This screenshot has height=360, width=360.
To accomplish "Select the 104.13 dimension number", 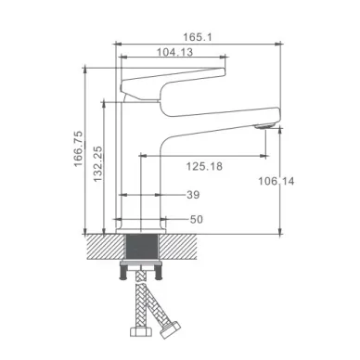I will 174,53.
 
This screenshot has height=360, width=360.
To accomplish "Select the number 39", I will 193,195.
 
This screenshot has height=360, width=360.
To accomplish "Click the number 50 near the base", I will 195,219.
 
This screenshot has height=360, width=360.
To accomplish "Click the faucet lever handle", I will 176,79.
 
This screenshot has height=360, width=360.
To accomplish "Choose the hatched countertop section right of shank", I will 184,248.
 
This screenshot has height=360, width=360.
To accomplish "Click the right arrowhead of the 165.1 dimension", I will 279,44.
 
